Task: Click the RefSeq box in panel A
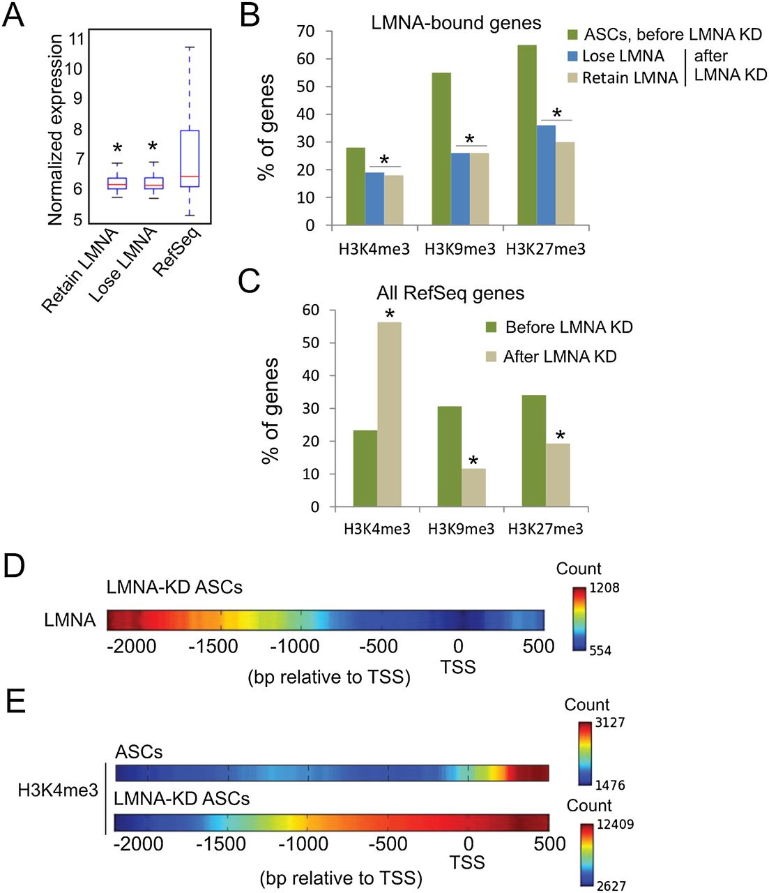click(x=190, y=158)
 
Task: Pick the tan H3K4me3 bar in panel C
click(x=389, y=414)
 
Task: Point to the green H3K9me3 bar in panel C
click(x=449, y=456)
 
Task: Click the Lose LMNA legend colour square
click(x=573, y=56)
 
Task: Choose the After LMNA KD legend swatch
click(x=492, y=357)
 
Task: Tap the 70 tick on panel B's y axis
click(x=305, y=31)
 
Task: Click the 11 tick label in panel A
click(x=77, y=38)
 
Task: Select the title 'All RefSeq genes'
click(x=450, y=293)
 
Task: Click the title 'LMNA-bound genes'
click(x=456, y=23)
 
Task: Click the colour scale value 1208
click(x=604, y=587)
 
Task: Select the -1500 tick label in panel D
click(x=213, y=646)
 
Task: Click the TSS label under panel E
click(x=467, y=863)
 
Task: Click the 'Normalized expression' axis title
click(x=56, y=130)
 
